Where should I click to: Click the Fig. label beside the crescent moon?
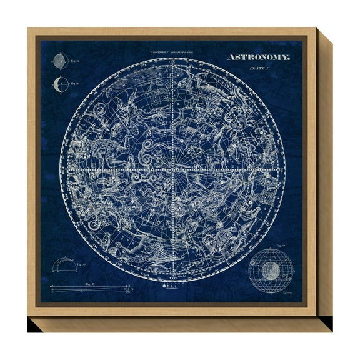[x=74, y=82]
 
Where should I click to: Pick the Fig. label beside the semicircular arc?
[x=82, y=265]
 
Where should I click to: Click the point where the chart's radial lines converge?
[x=171, y=169]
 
